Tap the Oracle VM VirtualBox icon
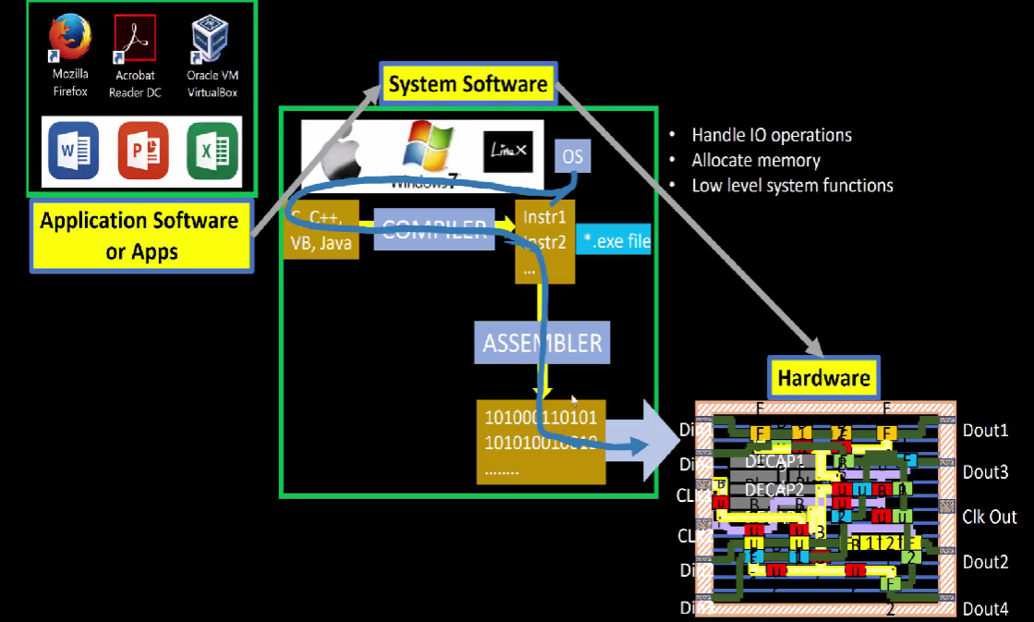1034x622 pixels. [212, 40]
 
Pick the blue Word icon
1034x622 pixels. [73, 150]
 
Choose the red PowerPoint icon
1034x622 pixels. [143, 150]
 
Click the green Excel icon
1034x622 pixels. [213, 150]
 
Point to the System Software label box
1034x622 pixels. [468, 85]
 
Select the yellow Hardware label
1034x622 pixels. [823, 377]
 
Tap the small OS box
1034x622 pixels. [573, 156]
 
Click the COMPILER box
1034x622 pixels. [434, 229]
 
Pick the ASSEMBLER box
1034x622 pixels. [541, 343]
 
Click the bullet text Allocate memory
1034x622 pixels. [755, 160]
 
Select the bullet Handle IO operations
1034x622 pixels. [771, 135]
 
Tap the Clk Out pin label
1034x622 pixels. [989, 517]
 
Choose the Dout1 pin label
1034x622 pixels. [985, 430]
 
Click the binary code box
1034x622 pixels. [541, 441]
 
